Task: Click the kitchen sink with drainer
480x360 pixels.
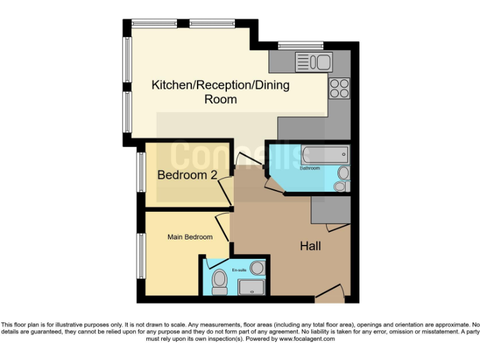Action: tap(314, 62)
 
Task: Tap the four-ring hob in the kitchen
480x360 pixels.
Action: tap(339, 88)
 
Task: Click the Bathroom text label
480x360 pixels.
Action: tap(310, 168)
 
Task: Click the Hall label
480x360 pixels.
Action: tap(311, 246)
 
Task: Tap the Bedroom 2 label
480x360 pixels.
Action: tap(187, 175)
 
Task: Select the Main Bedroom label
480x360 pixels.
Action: tap(189, 237)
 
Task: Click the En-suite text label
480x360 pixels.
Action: tap(239, 269)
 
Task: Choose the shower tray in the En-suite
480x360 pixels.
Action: tap(253, 287)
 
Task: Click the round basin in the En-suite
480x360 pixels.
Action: tap(259, 268)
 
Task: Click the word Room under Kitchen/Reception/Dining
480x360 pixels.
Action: tap(221, 99)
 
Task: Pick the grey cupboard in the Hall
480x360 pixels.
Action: tap(330, 210)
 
